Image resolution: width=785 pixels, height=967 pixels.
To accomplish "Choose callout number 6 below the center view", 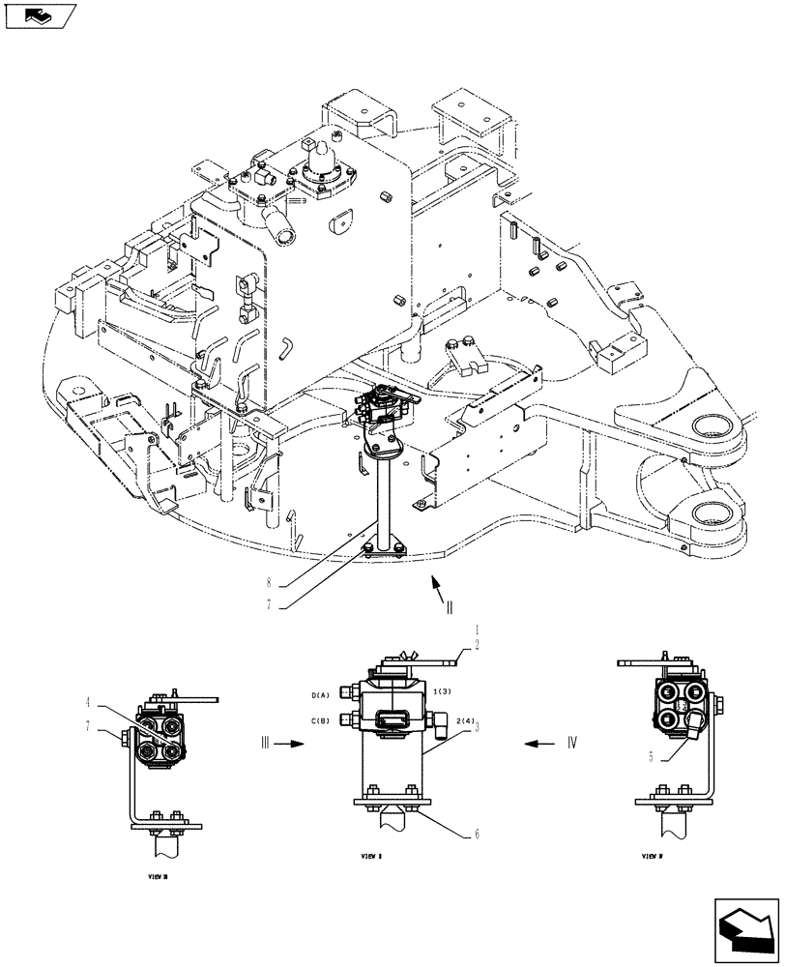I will (476, 833).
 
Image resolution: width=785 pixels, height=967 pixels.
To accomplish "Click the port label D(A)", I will (321, 695).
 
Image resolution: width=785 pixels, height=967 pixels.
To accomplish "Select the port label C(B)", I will (321, 720).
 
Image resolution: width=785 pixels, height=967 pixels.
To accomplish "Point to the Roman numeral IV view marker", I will (571, 744).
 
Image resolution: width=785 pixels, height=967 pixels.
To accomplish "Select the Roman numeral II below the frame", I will (449, 609).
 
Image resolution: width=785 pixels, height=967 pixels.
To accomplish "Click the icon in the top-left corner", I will (40, 16).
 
